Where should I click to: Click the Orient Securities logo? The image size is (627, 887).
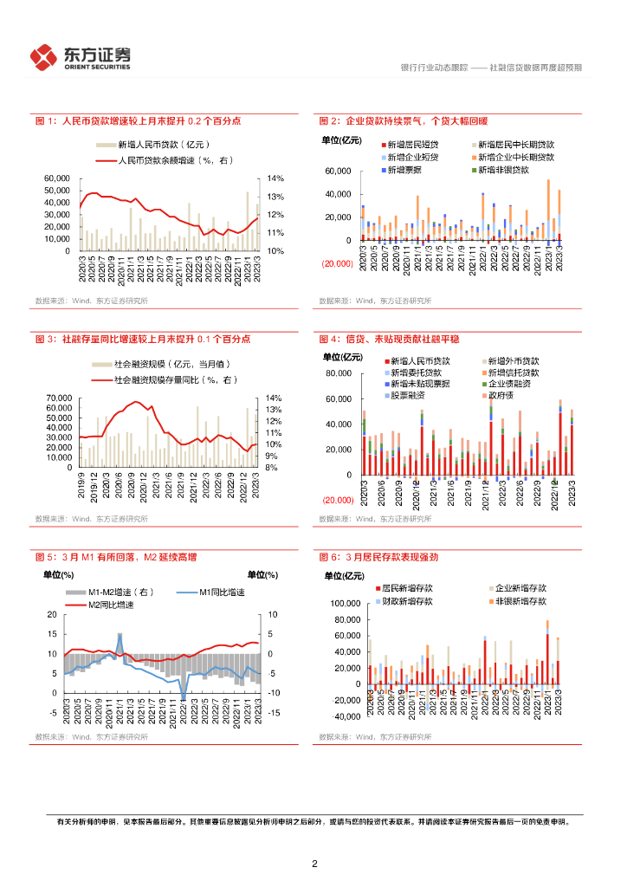pyautogui.click(x=81, y=57)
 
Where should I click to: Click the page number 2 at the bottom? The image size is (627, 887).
pyautogui.click(x=314, y=864)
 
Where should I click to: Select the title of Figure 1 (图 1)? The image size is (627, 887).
pyautogui.click(x=137, y=121)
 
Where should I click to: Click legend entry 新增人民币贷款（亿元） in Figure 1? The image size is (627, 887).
pyautogui.click(x=165, y=145)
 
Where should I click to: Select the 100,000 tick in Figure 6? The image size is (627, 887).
pyautogui.click(x=344, y=603)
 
